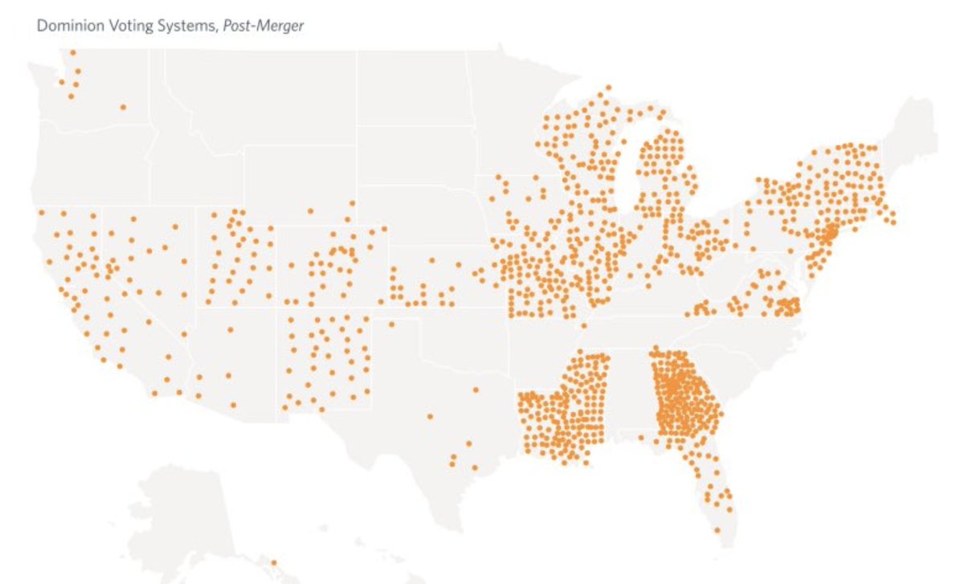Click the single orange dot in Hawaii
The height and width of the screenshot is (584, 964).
tap(273, 562)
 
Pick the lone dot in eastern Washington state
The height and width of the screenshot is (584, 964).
tap(123, 107)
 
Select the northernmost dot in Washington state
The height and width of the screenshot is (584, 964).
tap(73, 52)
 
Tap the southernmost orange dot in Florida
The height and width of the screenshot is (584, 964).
tap(717, 530)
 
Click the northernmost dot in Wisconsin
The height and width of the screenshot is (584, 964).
tap(608, 87)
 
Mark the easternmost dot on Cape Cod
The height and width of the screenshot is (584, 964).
tap(893, 222)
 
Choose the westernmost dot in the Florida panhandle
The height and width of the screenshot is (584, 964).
tap(641, 438)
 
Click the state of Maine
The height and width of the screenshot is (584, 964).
tap(916, 129)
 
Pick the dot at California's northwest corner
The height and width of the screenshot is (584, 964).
tap(40, 213)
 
